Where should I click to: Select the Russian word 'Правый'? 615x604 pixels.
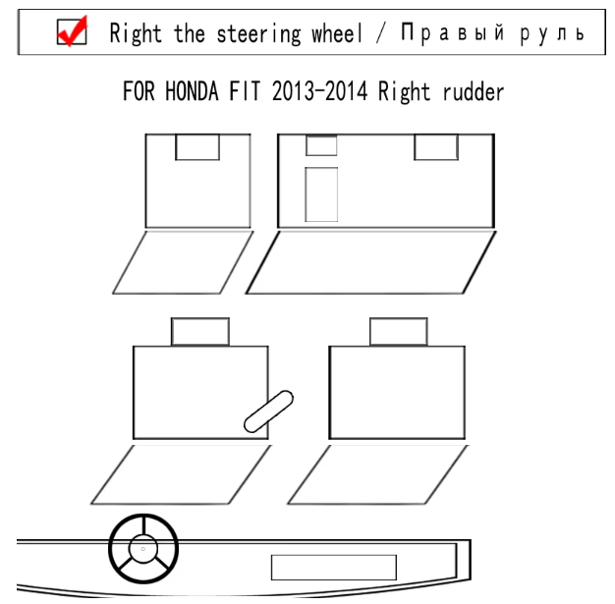tap(451, 34)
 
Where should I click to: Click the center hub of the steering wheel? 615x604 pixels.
tap(142, 546)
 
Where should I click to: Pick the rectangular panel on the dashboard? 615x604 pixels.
tap(333, 568)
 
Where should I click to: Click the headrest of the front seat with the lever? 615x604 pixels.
tap(199, 331)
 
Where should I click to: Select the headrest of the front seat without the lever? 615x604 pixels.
tap(398, 331)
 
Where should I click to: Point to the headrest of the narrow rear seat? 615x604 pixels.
tap(196, 147)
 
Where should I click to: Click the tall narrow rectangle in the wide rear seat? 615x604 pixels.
tap(321, 194)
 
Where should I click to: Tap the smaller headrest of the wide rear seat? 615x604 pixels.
tap(321, 145)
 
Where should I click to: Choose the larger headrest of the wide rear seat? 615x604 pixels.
tap(435, 147)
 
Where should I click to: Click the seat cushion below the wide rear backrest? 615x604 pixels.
tap(381, 262)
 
